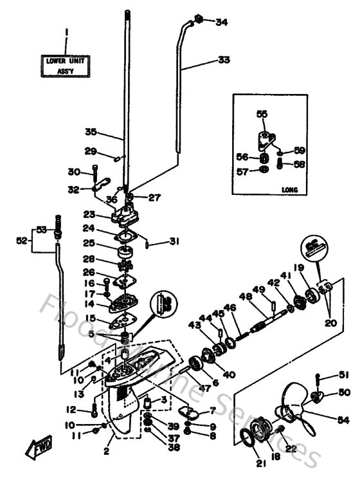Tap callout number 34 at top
221,23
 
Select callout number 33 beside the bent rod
223,60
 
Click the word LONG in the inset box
287,190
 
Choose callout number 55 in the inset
261,113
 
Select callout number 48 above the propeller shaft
244,297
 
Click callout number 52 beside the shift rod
22,241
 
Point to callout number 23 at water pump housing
89,215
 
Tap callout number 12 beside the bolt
71,409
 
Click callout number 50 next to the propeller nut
345,392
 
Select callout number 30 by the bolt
73,172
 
